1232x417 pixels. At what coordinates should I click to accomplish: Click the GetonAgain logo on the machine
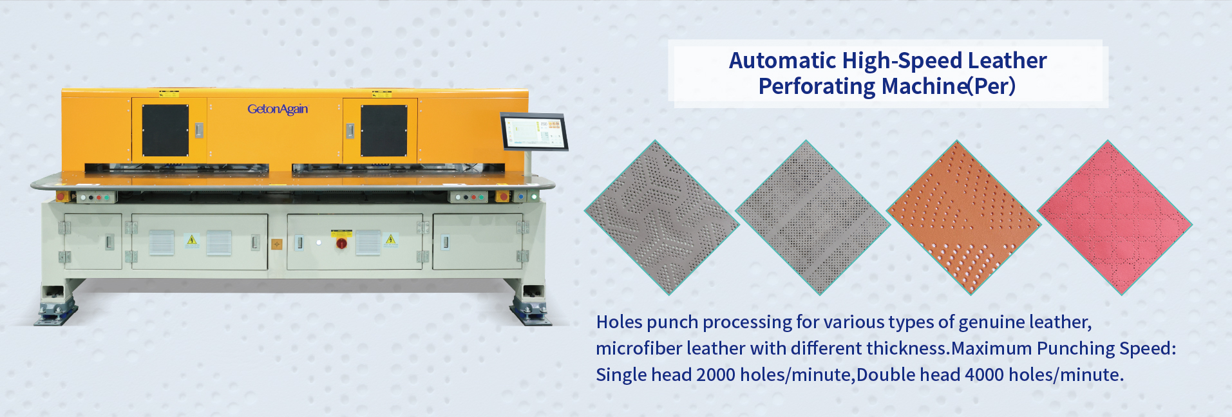click(x=278, y=109)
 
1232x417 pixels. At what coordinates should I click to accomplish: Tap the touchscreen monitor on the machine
click(x=534, y=132)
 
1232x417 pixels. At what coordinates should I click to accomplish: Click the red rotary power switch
click(x=341, y=243)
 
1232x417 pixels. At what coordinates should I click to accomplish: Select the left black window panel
click(x=166, y=131)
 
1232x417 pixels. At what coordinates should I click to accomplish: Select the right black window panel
click(x=384, y=131)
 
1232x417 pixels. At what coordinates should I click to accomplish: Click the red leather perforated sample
click(x=1115, y=218)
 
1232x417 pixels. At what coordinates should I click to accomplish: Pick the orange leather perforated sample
click(x=963, y=218)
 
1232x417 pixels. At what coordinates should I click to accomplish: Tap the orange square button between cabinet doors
click(x=277, y=245)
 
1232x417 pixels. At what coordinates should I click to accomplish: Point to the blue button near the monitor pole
click(x=520, y=196)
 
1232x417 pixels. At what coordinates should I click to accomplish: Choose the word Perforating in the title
click(x=817, y=86)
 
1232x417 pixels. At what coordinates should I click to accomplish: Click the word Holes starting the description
click(x=619, y=322)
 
